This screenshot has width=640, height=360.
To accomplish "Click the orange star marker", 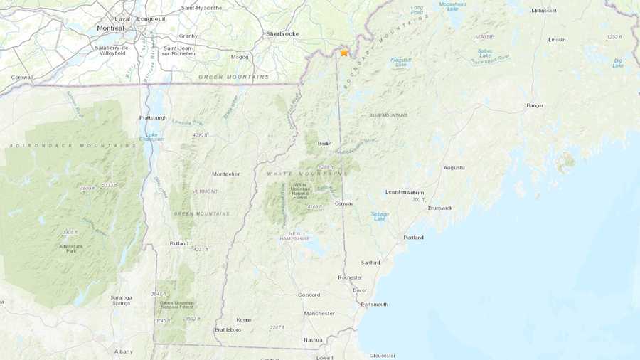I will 344,52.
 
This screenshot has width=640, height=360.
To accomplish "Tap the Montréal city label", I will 110,28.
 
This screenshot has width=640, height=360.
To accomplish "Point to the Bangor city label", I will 535,105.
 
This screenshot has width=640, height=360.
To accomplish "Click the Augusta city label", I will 454,168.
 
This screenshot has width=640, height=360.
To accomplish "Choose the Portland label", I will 413,238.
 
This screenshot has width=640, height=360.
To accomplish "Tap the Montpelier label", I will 226,174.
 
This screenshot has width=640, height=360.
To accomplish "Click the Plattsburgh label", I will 152,117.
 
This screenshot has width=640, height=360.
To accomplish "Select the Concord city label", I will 309,295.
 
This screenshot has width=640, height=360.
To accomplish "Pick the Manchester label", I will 319,313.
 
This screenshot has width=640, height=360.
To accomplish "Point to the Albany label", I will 123,351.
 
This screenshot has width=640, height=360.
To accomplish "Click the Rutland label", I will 178,243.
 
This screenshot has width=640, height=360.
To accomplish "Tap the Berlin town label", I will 324,144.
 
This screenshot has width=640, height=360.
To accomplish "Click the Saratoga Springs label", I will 121,300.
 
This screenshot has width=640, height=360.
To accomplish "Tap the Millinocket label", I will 545,11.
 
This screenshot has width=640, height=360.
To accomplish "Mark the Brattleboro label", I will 229,330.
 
